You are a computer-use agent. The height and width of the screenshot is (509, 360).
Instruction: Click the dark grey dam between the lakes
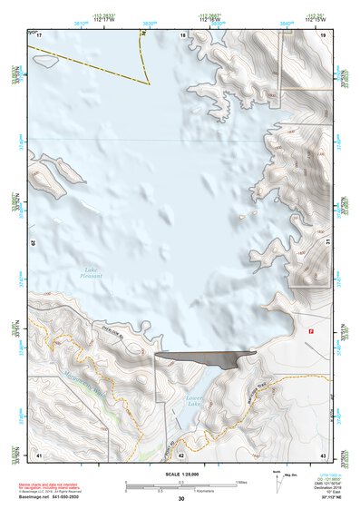pos(204,358)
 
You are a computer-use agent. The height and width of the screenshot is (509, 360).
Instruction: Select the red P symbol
pos(312,331)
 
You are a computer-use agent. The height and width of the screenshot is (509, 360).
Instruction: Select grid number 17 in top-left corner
pos(39,34)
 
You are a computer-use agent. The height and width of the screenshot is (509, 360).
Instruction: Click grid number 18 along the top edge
pos(183,34)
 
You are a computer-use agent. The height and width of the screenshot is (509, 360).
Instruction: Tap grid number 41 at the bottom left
pos(39,454)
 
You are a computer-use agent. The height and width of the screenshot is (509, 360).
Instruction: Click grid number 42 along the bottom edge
pos(181,454)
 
